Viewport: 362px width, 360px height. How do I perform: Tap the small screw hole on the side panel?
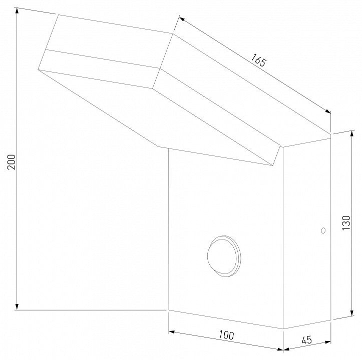pyautogui.click(x=322, y=230)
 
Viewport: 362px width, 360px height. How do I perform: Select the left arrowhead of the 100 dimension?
pyautogui.click(x=171, y=331)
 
